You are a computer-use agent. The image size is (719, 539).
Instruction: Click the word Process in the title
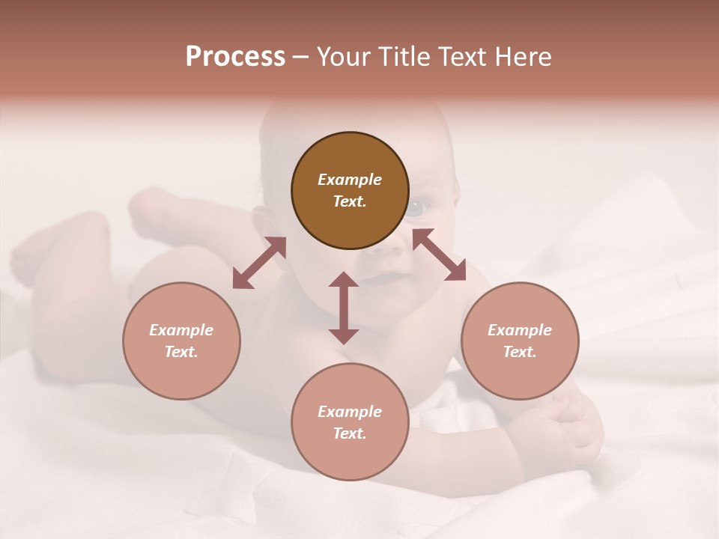235,57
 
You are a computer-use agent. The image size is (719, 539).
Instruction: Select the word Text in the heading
461,57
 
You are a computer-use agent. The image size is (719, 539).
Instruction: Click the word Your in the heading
343,57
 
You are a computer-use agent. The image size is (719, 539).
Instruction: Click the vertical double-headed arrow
344,308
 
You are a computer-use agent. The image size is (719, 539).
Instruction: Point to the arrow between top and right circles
439,255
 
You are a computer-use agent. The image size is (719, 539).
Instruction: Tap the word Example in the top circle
350,180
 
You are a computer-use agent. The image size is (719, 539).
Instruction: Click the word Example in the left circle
181,330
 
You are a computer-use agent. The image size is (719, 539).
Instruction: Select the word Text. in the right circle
520,352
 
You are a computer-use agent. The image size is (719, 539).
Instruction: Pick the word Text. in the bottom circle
350,433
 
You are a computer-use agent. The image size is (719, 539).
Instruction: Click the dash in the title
300,57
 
